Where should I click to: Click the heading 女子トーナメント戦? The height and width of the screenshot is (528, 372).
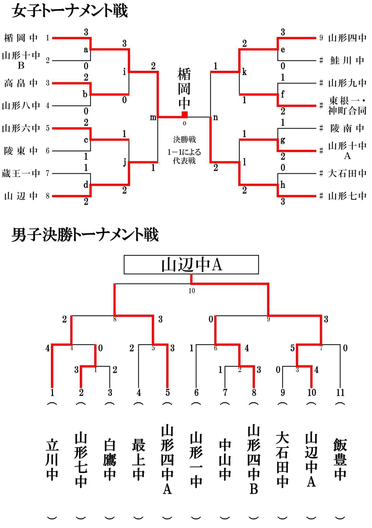tap(70, 11)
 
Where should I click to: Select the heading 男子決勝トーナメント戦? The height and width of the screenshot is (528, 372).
tap(85, 235)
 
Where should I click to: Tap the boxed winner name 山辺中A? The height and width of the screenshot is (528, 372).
tap(191, 265)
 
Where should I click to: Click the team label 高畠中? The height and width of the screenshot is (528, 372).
tap(21, 83)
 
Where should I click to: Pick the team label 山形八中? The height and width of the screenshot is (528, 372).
tap(21, 106)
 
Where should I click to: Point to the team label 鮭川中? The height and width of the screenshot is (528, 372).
tap(347, 61)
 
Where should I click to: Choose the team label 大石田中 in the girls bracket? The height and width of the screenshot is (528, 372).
tap(347, 174)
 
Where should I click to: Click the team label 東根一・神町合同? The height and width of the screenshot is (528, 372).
tap(347, 106)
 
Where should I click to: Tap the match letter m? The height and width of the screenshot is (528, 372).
tap(153, 118)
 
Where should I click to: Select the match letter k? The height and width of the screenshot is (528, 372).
tap(244, 72)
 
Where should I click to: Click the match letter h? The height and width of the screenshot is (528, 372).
tap(283, 185)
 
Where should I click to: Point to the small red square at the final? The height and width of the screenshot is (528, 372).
tap(185, 115)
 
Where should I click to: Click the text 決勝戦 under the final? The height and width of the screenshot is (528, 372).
tap(184, 140)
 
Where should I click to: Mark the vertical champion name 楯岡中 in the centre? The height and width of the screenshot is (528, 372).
tap(184, 89)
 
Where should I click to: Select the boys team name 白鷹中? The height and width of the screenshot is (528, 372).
tap(110, 460)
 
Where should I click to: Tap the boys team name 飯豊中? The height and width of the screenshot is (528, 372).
tap(340, 460)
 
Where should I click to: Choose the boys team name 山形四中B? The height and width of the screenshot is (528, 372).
tap(254, 460)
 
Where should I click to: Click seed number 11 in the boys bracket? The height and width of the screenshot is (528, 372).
tap(340, 393)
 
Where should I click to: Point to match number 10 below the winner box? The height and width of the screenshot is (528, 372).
tap(192, 291)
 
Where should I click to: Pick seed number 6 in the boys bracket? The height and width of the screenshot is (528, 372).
tap(196, 393)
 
